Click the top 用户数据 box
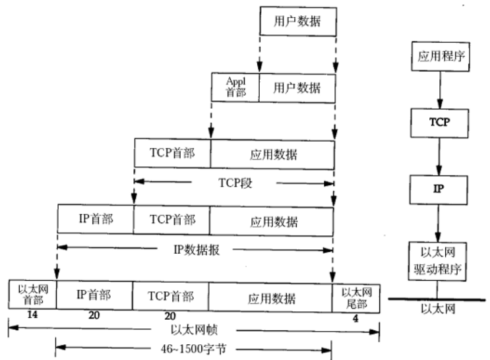pos(298,21)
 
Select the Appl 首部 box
pos(235,88)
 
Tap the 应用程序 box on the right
pos(441,57)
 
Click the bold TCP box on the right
pos(439,123)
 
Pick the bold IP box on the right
pos(439,190)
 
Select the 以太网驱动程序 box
pos(437,261)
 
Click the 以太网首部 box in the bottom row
pos(32,294)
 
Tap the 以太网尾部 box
pos(356,298)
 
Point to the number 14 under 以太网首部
pos(32,315)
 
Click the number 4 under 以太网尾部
pos(355,318)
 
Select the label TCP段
pos(235,183)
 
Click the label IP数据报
pos(197,250)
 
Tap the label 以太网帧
pos(194,330)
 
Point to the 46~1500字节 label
pos(193,349)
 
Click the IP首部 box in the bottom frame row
pos(94,295)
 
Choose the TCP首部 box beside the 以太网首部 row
pos(171,297)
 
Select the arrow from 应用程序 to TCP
pos(440,90)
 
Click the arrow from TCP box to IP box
pos(439,156)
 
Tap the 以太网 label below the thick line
pos(438,309)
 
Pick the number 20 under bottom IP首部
pos(94,315)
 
